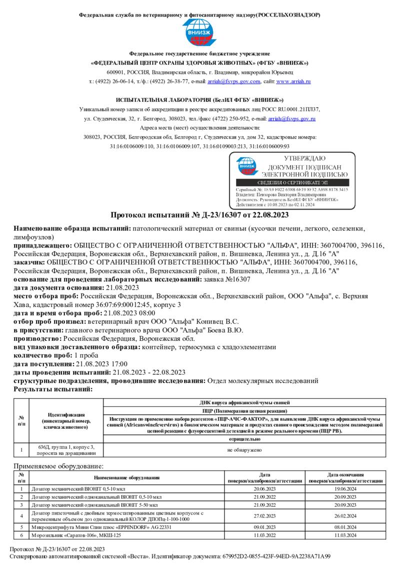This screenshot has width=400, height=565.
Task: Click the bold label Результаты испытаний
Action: [x=53, y=389]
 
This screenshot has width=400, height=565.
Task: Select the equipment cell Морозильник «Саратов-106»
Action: [x=76, y=535]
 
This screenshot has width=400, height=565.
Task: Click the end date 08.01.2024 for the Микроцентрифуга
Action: [x=345, y=527]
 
